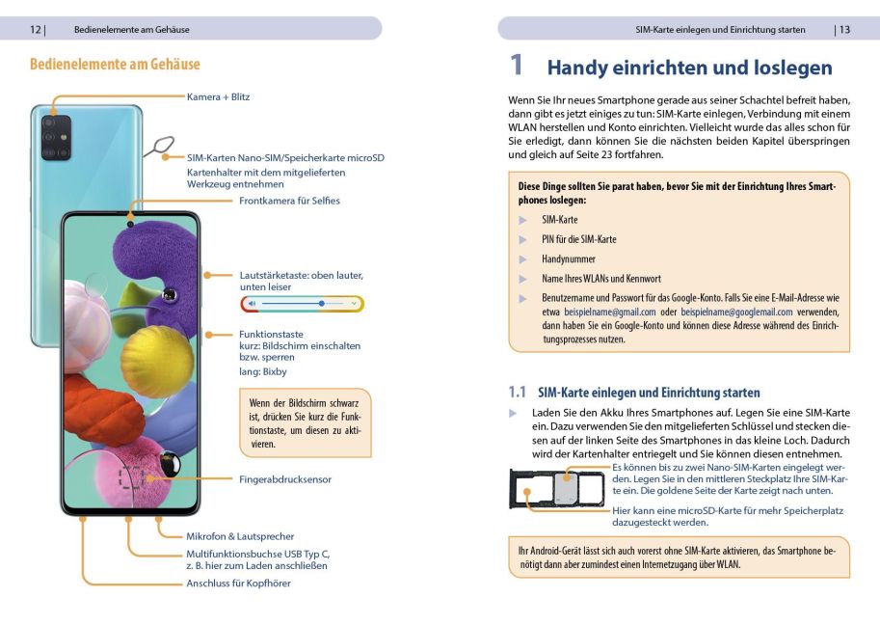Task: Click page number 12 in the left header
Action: [36, 29]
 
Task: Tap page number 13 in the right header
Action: [844, 29]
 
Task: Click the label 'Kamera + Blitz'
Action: [218, 96]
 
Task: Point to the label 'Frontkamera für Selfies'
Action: [289, 201]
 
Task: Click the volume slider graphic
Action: [302, 303]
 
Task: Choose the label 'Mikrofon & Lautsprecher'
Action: [240, 536]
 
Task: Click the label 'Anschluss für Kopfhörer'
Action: [238, 584]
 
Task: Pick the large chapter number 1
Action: [517, 66]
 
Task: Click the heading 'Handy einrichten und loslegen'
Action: [689, 68]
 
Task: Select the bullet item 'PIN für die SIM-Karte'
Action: [578, 239]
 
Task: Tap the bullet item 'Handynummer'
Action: [569, 258]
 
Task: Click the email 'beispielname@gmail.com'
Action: [609, 312]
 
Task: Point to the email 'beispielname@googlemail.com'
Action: [736, 312]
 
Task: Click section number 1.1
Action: [518, 393]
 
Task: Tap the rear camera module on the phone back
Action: [55, 139]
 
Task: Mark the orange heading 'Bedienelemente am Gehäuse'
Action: [115, 65]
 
